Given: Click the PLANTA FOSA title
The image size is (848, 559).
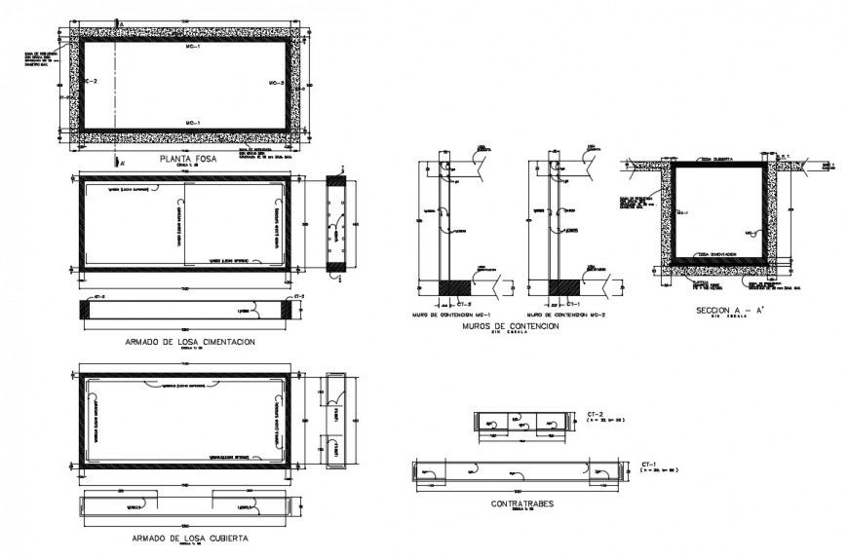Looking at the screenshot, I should coord(185,157).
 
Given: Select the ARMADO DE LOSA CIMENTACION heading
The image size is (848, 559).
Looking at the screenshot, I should coord(185,342).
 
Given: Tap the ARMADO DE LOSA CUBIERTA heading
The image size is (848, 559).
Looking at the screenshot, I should coord(185,537).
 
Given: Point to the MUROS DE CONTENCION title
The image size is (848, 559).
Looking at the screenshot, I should coord(513,326).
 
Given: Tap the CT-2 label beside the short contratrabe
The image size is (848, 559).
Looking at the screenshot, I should coord(592,414).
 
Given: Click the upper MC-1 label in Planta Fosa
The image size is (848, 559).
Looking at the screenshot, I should coord(192,47).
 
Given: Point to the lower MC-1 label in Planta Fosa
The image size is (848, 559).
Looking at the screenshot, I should coord(192,122).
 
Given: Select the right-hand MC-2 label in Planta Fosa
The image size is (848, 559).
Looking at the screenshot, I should coord(276,84).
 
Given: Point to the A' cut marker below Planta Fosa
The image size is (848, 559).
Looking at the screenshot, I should coord(119,162).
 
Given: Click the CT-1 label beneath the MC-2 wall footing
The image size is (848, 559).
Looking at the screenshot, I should coord(585,305).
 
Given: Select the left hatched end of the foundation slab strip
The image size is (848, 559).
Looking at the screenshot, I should coord(91,308).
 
